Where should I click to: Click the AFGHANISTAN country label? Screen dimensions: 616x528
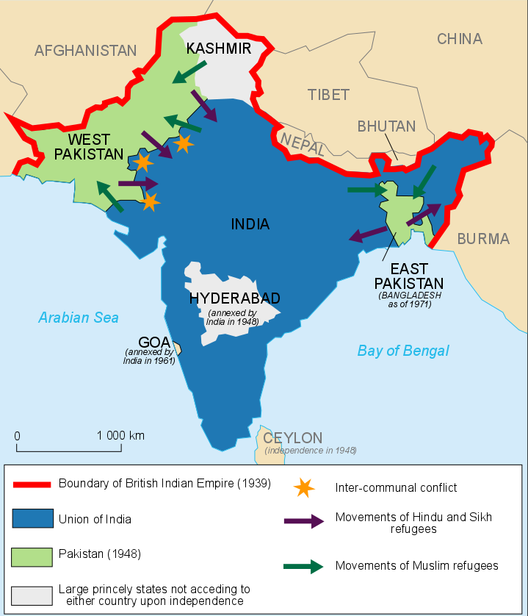coord(85,51)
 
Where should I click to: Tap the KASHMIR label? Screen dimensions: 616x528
coord(219,49)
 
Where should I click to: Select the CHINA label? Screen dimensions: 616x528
coord(460,39)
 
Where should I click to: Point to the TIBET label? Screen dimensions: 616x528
coord(328,94)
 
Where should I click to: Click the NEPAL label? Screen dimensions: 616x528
coord(301,142)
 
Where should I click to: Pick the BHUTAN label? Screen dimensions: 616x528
coord(386,126)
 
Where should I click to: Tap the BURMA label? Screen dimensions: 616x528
coord(482,238)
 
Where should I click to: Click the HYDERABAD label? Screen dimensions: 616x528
coord(235,298)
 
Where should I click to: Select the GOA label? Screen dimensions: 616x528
coord(154,342)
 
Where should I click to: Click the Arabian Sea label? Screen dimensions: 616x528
coord(79,318)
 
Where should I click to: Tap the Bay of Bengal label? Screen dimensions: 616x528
coord(403,351)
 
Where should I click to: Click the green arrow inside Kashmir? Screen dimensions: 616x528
coord(189,72)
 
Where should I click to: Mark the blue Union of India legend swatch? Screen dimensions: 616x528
coord(32,519)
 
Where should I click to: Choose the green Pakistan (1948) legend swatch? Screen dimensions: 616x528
coord(32,556)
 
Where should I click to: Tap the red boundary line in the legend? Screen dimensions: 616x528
coord(32,484)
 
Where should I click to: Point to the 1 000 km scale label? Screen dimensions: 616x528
coord(120,435)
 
